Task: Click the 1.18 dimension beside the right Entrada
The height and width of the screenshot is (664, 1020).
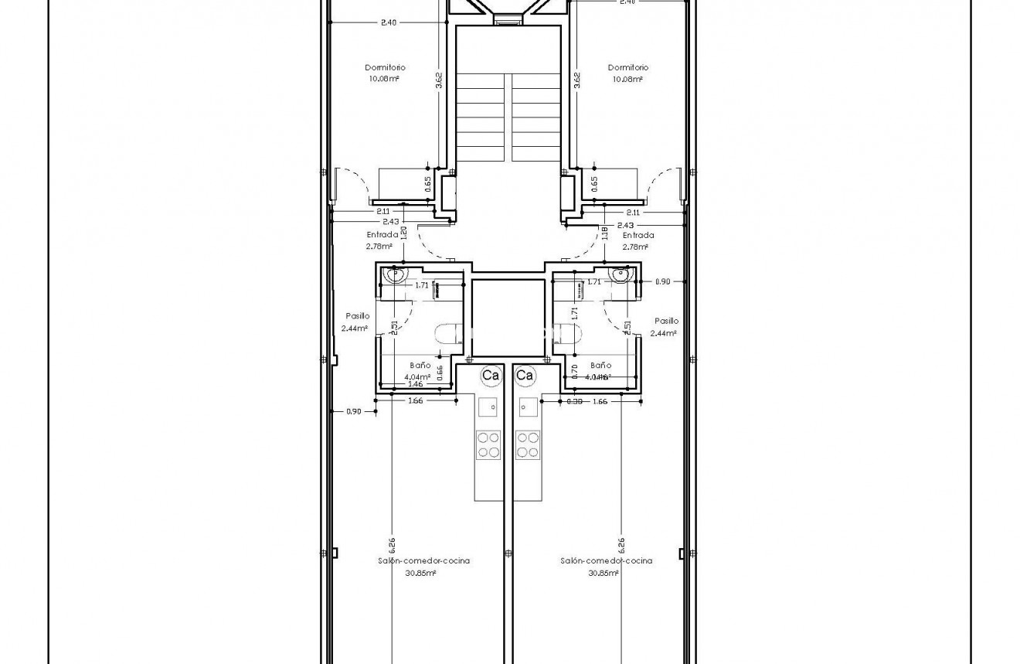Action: pyautogui.click(x=604, y=233)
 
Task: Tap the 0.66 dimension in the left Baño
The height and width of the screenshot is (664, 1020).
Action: pyautogui.click(x=440, y=373)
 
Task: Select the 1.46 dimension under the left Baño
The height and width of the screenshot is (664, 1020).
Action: pyautogui.click(x=415, y=383)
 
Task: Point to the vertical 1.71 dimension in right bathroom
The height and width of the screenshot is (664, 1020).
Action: pyautogui.click(x=575, y=314)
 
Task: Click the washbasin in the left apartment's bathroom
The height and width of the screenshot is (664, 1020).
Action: pyautogui.click(x=396, y=275)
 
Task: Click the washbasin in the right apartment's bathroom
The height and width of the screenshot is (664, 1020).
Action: pyautogui.click(x=620, y=274)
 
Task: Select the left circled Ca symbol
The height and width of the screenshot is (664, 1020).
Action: pyautogui.click(x=490, y=376)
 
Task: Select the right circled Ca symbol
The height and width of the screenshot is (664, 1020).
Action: pyautogui.click(x=525, y=376)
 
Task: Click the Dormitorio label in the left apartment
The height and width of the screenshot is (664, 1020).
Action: pyautogui.click(x=386, y=67)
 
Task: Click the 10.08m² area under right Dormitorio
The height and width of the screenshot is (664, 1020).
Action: pyautogui.click(x=627, y=79)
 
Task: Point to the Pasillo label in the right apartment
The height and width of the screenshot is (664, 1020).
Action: pyautogui.click(x=666, y=320)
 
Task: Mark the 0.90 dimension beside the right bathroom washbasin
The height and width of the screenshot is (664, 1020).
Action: pyautogui.click(x=662, y=281)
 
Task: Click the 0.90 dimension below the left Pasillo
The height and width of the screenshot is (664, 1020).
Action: pyautogui.click(x=353, y=411)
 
